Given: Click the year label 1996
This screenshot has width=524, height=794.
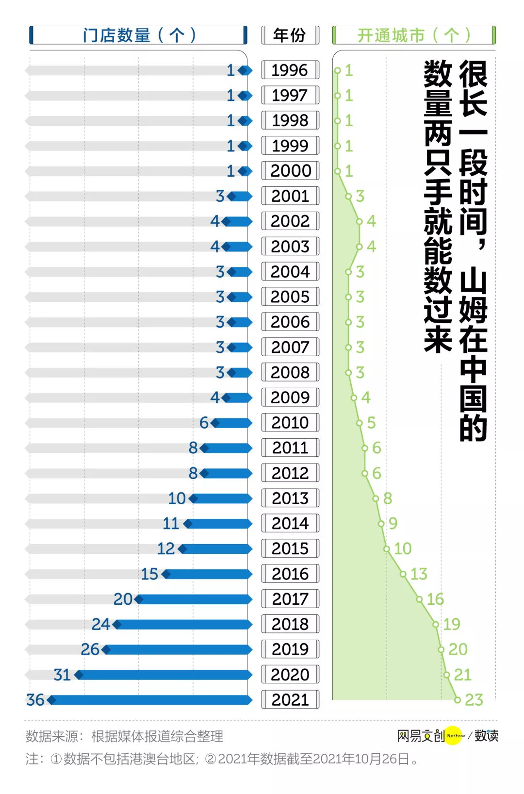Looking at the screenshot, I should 290,70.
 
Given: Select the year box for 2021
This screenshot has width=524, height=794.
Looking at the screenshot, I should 290,700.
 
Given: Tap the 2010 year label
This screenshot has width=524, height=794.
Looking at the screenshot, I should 290,423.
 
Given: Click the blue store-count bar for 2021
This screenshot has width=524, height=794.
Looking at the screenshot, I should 150,700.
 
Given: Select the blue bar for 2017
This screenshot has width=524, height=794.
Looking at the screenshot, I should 194,599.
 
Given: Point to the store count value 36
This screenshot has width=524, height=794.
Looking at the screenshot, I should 35,700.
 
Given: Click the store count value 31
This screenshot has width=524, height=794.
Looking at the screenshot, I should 62,675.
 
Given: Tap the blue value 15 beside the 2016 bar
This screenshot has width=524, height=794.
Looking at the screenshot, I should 149,574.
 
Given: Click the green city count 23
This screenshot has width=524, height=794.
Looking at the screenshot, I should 474,700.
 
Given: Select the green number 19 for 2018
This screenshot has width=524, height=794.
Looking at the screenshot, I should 452,624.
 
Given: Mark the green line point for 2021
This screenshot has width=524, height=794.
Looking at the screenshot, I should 457,700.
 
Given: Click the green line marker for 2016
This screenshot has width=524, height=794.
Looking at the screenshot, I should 403,574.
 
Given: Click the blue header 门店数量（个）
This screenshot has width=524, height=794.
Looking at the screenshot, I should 139,35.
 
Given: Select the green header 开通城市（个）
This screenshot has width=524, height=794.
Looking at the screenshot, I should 414,35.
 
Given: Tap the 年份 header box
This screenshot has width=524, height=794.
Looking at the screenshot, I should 290,35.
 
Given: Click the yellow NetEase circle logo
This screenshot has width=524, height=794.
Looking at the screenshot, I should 454,736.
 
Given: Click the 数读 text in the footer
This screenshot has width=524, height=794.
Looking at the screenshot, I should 486,736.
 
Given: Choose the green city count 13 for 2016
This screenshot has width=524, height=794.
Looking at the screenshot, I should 419,574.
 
